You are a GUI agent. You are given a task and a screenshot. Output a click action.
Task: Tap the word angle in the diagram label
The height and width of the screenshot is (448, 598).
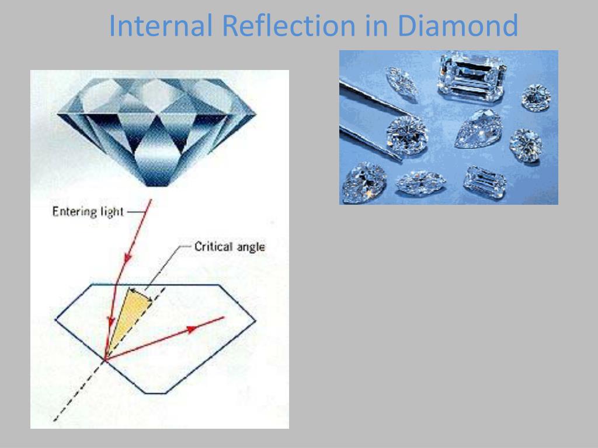251,247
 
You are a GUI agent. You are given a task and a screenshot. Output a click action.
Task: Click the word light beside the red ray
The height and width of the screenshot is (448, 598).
112,212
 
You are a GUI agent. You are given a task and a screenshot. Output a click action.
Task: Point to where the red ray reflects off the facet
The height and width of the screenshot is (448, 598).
105,359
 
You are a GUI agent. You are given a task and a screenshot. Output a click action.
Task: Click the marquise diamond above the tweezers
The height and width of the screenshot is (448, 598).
401,80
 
